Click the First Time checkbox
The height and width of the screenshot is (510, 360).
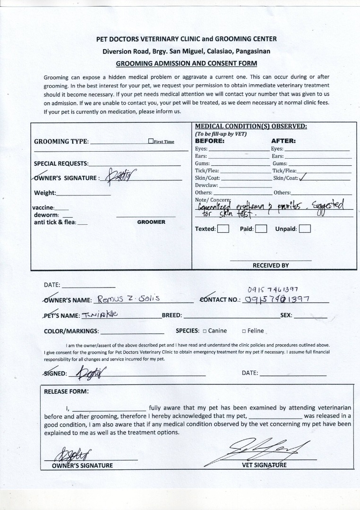point(151,141)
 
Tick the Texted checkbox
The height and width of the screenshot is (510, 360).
point(223,229)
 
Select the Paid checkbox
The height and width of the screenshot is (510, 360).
point(261,229)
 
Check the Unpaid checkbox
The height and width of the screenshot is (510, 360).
point(305,229)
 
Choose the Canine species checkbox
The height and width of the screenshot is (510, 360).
point(205,331)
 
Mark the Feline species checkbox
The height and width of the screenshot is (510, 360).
point(244,331)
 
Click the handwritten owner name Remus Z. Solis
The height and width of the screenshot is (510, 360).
point(129,298)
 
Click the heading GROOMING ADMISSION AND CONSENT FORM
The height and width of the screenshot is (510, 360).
point(186,63)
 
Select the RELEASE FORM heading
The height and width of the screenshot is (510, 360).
point(66,391)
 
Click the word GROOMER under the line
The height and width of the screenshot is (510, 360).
point(151,222)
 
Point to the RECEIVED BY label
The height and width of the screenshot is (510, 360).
point(271,265)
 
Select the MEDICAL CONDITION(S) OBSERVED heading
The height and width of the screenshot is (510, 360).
point(251,126)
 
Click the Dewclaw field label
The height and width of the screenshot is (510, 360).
point(206,185)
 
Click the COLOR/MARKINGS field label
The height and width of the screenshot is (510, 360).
point(71,331)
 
